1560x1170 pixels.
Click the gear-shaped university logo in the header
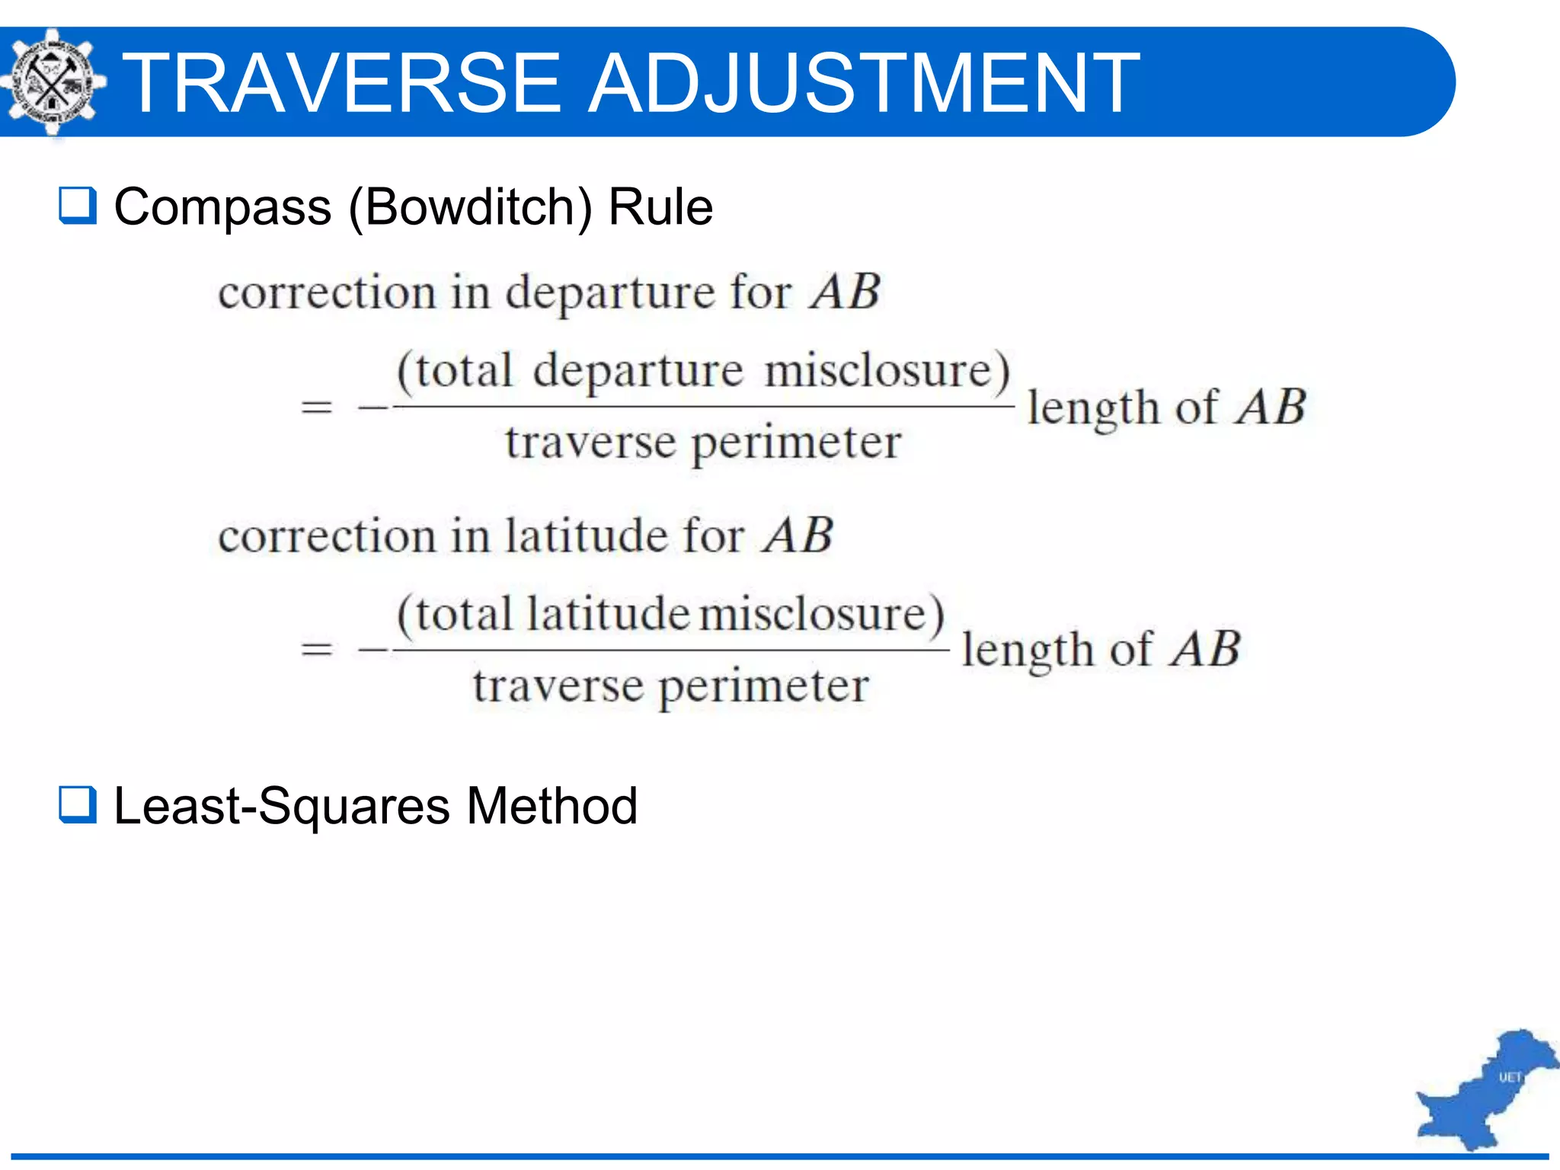coord(52,82)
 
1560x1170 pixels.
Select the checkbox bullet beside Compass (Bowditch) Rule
coord(78,206)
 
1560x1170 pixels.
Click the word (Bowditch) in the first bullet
coord(470,207)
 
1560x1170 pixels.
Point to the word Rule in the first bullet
coord(660,207)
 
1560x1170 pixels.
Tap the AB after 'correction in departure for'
coord(845,292)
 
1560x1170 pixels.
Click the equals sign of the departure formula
coord(316,407)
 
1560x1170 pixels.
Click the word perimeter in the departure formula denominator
coord(796,443)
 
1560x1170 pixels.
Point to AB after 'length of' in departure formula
coord(1271,407)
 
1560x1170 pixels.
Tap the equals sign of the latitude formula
coord(316,650)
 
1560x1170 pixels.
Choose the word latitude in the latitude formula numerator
coord(607,614)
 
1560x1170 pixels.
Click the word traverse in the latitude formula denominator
coord(558,686)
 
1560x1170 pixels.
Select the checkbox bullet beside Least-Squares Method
coord(78,805)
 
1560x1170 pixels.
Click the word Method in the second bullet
coord(551,806)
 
